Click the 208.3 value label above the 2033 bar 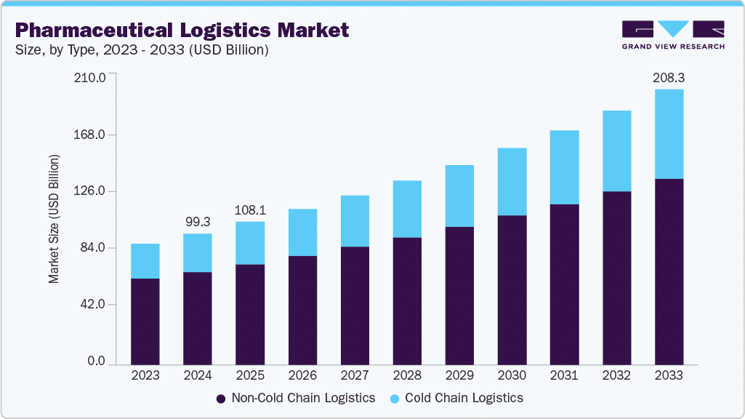click(x=669, y=76)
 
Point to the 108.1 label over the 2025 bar click(x=250, y=209)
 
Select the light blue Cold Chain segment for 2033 click(x=669, y=134)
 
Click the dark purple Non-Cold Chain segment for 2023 click(x=145, y=321)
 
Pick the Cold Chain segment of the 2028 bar click(x=407, y=209)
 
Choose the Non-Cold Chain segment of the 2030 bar click(x=512, y=290)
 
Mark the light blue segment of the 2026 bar click(x=302, y=232)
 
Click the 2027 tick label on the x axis click(x=355, y=375)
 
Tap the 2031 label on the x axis click(x=564, y=375)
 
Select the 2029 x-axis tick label click(x=459, y=375)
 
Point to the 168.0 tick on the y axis click(x=91, y=135)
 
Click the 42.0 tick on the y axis click(x=92, y=304)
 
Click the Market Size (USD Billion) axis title click(x=54, y=219)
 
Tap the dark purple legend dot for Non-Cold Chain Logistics click(x=220, y=399)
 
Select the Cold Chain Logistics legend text click(x=464, y=398)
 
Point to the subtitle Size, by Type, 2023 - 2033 click(x=142, y=50)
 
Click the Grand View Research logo click(x=672, y=34)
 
